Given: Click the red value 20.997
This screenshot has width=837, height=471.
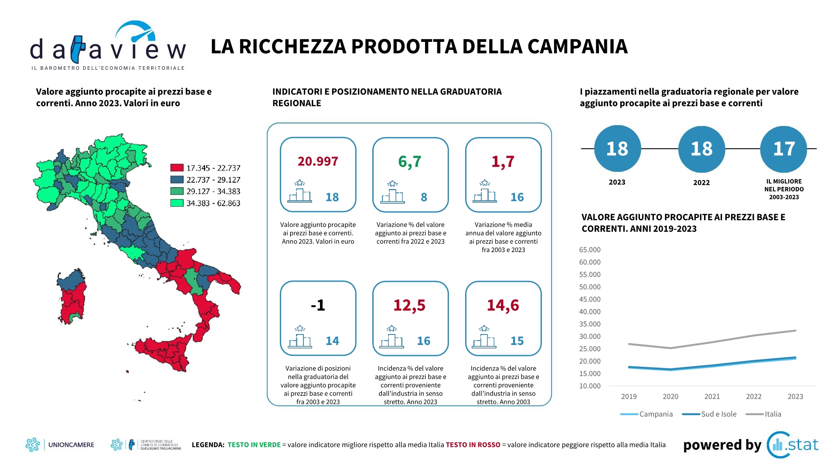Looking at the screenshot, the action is [318, 161].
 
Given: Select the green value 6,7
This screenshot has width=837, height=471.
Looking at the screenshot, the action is [410, 162].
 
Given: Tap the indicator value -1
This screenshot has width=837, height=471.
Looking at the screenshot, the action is [318, 305].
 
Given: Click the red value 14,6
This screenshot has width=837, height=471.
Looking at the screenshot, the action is [503, 305].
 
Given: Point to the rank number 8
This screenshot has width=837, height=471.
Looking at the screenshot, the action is [424, 198].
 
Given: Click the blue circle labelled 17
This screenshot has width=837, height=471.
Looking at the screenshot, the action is [784, 149].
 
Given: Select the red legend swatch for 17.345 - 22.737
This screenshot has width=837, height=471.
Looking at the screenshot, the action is [177, 168].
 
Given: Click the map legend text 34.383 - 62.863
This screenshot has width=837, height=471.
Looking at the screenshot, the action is [213, 203].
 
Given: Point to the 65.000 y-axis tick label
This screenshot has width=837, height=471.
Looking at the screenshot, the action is [590, 250].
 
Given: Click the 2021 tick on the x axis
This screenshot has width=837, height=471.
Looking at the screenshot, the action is [712, 396].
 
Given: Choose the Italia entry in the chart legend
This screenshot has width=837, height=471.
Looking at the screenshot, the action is [764, 414].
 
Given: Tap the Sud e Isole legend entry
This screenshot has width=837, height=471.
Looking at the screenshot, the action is [709, 414].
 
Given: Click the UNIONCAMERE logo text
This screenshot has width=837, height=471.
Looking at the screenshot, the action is [71, 445].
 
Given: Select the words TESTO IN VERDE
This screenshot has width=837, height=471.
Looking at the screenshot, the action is [254, 445].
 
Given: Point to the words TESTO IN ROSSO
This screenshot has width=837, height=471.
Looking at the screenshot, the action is [473, 445].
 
